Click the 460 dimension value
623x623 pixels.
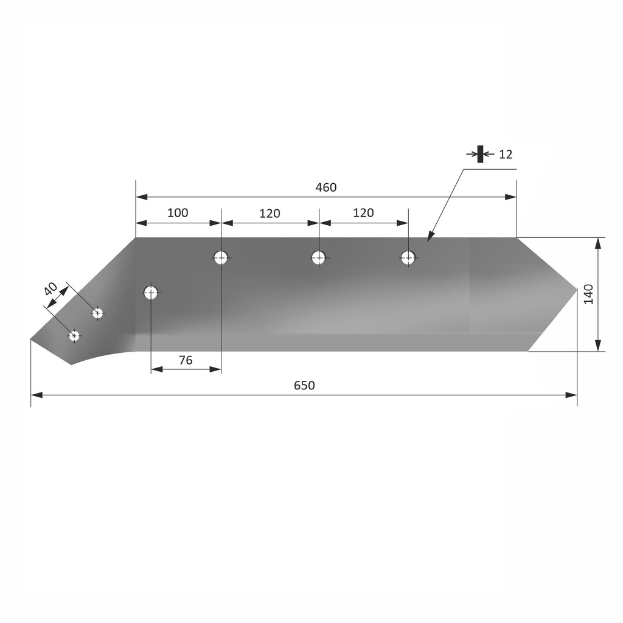click(325, 187)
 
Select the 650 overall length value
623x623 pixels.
click(304, 385)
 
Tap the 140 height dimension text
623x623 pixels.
click(588, 294)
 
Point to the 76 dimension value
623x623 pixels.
click(186, 360)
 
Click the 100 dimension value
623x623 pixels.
click(178, 213)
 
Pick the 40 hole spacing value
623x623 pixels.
click(51, 288)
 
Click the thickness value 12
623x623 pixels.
click(506, 155)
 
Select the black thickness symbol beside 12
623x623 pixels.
click(480, 154)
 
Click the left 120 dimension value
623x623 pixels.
click(270, 214)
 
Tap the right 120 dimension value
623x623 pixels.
click(363, 213)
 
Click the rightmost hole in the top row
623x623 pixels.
click(408, 257)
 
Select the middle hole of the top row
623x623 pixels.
click(319, 257)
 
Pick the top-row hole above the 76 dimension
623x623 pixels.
click(221, 257)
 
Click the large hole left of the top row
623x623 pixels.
click(151, 293)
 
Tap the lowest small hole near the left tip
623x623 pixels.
click(74, 335)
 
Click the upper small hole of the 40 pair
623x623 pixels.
click(97, 313)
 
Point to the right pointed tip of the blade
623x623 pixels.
click(576, 288)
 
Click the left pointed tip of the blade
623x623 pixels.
click(32, 339)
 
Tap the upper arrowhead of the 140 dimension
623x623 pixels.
click(599, 242)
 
